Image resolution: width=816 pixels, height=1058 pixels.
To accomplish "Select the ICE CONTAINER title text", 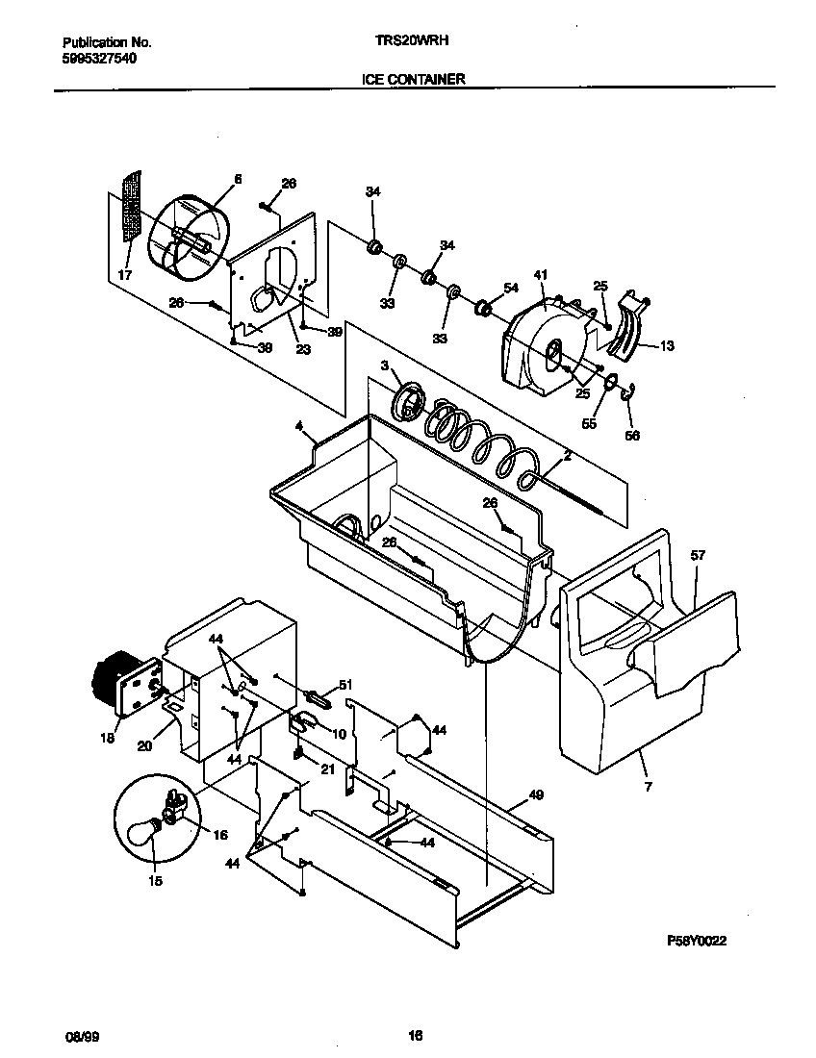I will tap(413, 80).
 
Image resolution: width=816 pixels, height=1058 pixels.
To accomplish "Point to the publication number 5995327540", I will tap(99, 59).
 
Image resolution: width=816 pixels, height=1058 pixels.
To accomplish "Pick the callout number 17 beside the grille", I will tap(124, 276).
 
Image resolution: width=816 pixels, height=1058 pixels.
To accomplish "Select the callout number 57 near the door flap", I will tap(698, 555).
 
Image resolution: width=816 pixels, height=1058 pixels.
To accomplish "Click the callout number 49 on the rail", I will tap(536, 795).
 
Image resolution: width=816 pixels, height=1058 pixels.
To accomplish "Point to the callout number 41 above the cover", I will tap(540, 275).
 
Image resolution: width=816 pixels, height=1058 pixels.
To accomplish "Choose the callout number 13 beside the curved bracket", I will tap(667, 346).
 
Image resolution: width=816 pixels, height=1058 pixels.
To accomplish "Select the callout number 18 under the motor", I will tap(106, 739).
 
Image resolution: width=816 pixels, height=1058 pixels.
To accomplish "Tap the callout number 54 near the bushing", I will tap(511, 288).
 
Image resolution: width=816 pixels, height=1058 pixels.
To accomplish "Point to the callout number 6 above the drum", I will tap(238, 179).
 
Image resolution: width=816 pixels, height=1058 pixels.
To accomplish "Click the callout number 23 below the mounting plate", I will tap(302, 350).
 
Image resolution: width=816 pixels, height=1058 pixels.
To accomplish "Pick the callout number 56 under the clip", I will tap(631, 435).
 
